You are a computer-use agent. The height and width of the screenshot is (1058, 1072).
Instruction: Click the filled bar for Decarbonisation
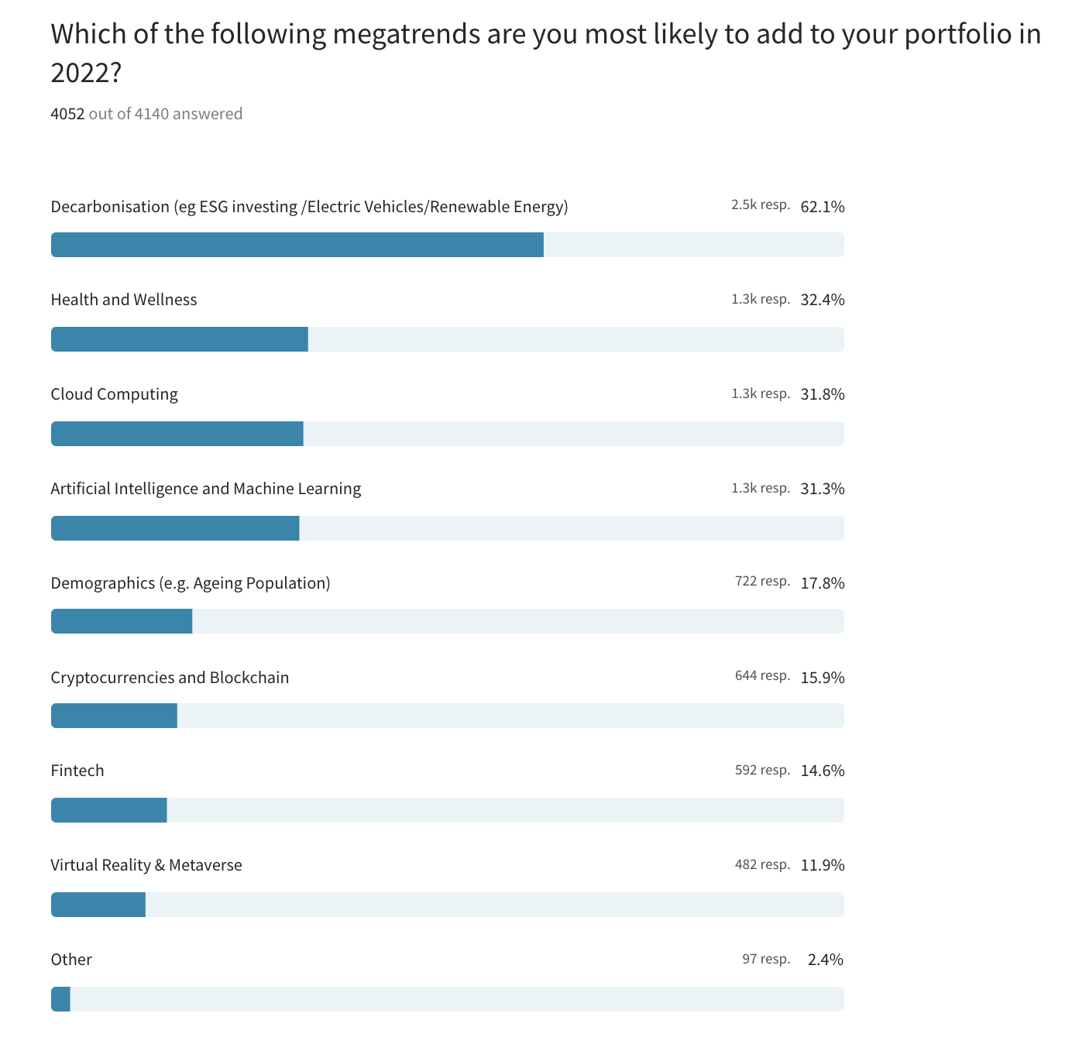click(297, 245)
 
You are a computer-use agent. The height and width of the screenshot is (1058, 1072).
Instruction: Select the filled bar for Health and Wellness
click(180, 339)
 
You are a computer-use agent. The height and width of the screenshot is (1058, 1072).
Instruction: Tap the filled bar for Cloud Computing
click(177, 434)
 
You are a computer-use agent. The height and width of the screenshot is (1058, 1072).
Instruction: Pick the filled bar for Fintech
click(109, 810)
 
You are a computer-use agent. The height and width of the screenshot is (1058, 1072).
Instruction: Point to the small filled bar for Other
click(61, 999)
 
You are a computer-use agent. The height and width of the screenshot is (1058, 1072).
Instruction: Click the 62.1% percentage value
click(823, 207)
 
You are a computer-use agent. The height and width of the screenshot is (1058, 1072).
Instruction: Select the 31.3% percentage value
click(823, 489)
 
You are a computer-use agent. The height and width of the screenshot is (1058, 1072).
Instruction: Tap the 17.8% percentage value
click(823, 583)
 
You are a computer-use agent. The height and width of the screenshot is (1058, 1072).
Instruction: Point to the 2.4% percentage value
click(826, 960)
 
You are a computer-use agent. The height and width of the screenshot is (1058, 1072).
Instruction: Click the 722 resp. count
click(763, 582)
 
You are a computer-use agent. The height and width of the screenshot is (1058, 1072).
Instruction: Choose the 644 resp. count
click(763, 676)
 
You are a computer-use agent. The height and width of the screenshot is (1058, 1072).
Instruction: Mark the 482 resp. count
click(763, 864)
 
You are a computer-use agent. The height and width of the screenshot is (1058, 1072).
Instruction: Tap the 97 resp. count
click(766, 959)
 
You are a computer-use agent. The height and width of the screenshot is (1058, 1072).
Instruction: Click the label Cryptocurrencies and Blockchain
click(170, 678)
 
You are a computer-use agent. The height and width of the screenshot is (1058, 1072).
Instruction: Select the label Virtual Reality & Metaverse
click(146, 865)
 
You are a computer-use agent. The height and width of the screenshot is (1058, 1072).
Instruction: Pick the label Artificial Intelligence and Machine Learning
click(206, 489)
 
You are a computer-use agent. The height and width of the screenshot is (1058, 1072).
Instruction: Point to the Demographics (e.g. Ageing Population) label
click(191, 583)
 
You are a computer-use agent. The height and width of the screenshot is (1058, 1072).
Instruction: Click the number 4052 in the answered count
click(67, 114)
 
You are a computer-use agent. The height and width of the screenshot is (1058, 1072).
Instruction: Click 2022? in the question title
click(86, 73)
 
